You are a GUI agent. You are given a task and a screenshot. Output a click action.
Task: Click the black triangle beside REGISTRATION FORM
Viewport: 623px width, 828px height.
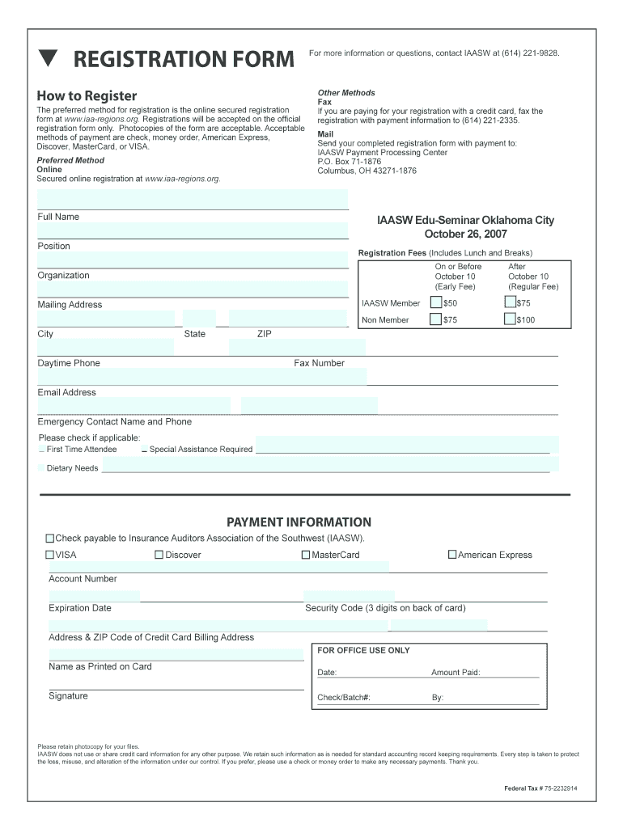click(49, 58)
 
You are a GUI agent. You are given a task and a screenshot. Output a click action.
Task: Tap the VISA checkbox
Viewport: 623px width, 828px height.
click(50, 556)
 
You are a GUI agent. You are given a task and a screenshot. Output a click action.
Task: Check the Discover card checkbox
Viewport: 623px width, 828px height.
click(159, 556)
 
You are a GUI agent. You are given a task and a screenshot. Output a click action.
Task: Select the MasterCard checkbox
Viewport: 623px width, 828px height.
click(306, 556)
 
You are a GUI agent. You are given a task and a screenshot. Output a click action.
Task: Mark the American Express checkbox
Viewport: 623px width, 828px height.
click(452, 556)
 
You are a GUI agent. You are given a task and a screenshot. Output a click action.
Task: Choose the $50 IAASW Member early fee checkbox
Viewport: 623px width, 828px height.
click(436, 302)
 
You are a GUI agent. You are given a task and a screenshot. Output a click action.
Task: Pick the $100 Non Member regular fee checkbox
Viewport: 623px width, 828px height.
click(510, 319)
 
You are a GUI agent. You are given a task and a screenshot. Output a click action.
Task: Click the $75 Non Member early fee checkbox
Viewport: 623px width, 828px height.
click(436, 319)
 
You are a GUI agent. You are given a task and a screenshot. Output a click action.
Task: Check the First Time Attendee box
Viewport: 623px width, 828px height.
click(42, 450)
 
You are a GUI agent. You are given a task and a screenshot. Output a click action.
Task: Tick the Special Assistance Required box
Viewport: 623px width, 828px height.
click(144, 450)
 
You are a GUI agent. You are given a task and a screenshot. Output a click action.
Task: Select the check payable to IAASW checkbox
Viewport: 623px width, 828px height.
click(50, 538)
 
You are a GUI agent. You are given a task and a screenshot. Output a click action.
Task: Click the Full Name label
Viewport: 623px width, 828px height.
click(58, 217)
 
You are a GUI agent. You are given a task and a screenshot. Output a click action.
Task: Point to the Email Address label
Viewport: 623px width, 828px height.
click(66, 392)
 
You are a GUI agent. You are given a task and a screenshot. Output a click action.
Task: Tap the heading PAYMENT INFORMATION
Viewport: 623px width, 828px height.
click(299, 522)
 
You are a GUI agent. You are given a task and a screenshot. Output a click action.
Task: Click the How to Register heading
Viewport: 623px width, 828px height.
click(87, 96)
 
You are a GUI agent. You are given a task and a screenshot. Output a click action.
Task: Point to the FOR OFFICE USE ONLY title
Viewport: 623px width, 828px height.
click(363, 650)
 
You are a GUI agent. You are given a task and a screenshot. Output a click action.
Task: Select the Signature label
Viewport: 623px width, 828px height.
click(68, 696)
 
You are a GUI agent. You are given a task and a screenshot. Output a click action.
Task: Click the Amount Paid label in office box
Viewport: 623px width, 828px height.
click(456, 673)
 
